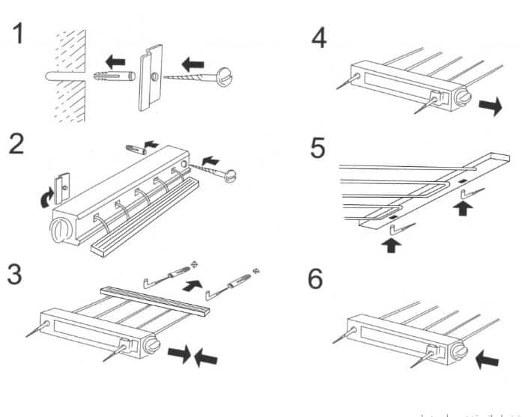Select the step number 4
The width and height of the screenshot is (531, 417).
coord(319,36)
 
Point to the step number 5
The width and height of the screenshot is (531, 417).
coord(320,148)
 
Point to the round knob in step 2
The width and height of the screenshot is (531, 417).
coord(59,228)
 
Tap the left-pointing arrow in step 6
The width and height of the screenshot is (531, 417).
coord(488,360)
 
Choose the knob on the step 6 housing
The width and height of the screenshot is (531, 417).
coord(456,348)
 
